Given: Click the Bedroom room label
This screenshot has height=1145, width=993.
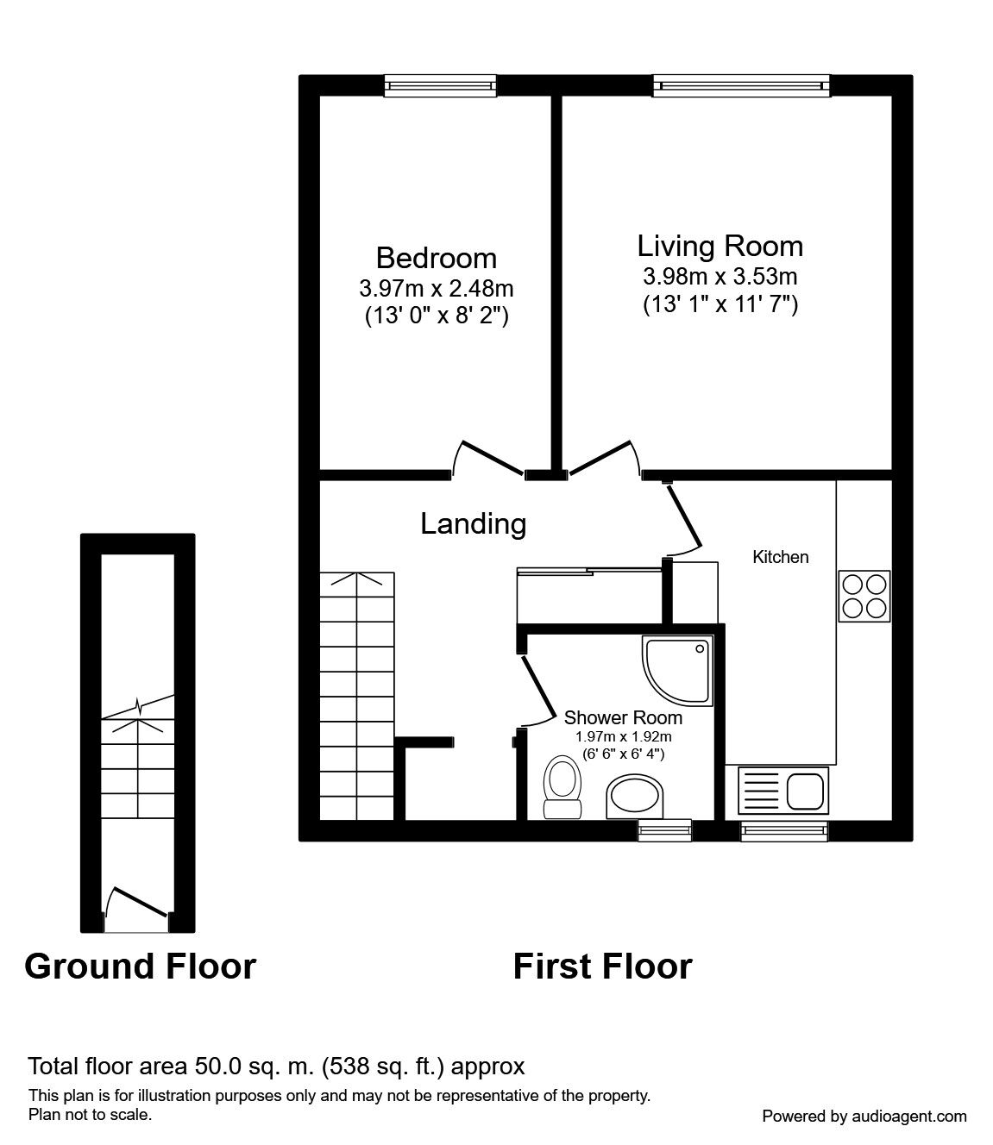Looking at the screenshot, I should (x=436, y=258).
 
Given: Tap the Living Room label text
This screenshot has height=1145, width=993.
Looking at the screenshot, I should (x=720, y=246).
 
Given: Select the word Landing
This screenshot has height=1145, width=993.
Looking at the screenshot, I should (x=473, y=523).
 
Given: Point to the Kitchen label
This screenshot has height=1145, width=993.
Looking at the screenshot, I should (x=781, y=557).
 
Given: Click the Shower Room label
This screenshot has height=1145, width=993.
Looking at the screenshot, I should (x=623, y=717).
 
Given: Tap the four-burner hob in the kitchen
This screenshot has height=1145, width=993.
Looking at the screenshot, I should (x=864, y=596).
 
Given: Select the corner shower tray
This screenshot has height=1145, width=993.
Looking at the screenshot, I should (x=678, y=670).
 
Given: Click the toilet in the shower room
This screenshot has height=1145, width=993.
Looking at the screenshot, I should (x=562, y=785).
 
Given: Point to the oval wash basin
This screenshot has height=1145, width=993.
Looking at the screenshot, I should (x=637, y=795).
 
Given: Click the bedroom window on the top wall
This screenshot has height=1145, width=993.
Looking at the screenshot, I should (x=441, y=84).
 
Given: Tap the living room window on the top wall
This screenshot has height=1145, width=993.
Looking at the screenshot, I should (x=741, y=84).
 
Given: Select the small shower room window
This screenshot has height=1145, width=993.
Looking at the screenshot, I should (x=664, y=829).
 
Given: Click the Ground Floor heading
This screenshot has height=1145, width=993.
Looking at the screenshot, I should (x=140, y=967).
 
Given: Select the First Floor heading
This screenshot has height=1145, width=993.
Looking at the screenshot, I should (x=602, y=967).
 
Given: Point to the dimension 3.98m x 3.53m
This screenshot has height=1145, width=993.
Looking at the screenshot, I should (x=720, y=277).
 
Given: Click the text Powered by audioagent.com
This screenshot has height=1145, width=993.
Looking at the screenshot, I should (x=864, y=1116).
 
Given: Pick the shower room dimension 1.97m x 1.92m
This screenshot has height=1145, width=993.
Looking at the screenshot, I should (x=623, y=736).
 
